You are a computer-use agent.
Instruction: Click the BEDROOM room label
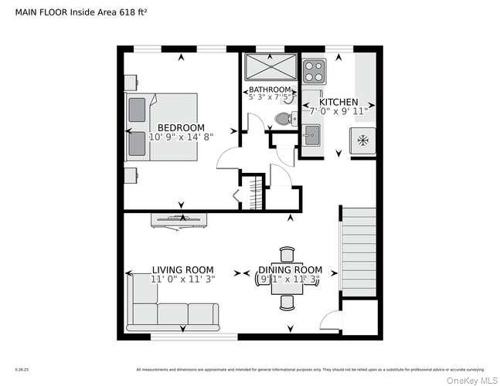coord(181,127)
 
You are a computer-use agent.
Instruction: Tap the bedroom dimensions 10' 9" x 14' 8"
coord(181,137)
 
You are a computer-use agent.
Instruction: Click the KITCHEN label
coord(338,102)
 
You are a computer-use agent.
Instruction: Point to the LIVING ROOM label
coord(182,270)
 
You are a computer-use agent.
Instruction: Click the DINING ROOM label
coord(290,270)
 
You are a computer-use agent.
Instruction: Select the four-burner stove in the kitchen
coord(313,71)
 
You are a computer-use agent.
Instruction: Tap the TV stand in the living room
coord(179,219)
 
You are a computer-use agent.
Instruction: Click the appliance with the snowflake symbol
coord(363,141)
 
